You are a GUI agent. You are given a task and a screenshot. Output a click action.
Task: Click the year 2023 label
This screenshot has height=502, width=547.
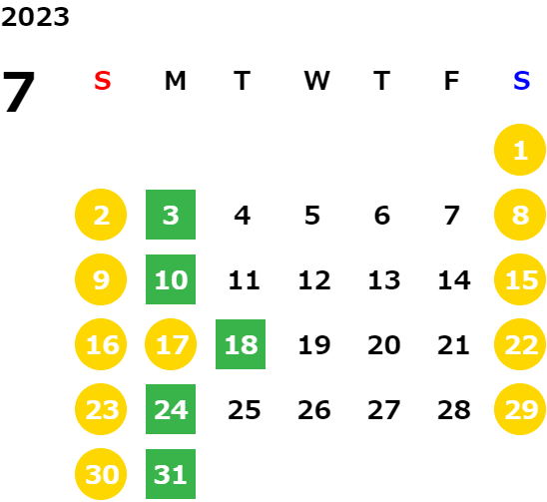pos(35,17)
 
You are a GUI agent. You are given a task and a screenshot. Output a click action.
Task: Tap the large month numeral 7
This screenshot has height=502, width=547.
pos(19,91)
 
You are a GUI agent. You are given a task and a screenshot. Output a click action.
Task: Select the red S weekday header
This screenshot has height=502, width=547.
pos(103,81)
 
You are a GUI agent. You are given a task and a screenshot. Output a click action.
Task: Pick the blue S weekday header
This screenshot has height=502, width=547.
pos(521,81)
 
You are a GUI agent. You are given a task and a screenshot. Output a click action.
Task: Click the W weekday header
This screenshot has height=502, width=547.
pos(316,81)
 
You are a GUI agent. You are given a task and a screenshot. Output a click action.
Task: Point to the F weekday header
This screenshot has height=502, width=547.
pos(452,81)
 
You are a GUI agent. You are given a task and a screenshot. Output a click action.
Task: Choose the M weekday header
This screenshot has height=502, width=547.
pos(175,81)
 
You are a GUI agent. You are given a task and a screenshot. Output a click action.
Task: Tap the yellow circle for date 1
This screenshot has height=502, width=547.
pos(520,150)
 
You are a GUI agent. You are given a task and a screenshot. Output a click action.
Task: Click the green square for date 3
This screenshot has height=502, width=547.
pos(171,215)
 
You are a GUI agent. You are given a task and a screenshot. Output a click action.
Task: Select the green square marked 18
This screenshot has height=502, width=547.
pos(241,344)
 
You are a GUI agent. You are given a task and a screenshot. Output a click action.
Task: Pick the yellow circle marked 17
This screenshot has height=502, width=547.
pos(171,344)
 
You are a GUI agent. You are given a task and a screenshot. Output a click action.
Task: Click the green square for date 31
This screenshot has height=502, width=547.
pos(171,474)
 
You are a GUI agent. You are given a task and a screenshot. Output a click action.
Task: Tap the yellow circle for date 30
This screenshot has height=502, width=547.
pos(101,474)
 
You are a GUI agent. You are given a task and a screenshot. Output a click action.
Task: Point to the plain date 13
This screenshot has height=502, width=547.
pos(384,280)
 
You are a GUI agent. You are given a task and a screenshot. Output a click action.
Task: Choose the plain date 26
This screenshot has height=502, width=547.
pos(314,410)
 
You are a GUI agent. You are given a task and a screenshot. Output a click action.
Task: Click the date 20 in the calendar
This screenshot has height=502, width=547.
pos(384,345)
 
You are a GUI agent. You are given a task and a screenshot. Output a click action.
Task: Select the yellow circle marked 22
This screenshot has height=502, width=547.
pos(520,344)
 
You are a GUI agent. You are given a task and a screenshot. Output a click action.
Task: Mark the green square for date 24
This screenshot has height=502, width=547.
pos(171,409)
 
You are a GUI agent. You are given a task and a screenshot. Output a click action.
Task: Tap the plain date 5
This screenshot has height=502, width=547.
pos(312,216)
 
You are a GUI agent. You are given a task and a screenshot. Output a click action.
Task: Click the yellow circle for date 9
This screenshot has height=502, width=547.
pos(101,279)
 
